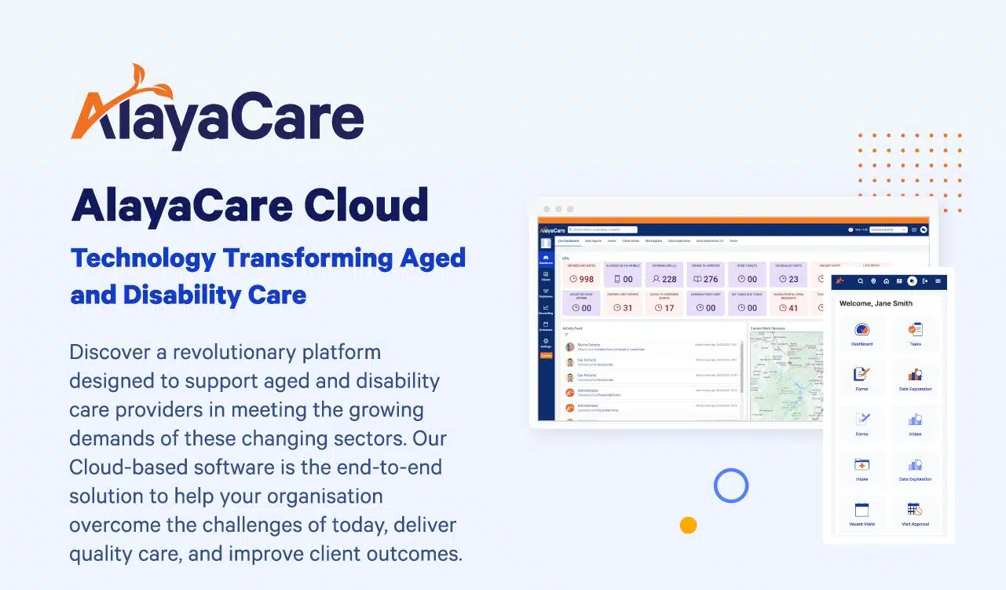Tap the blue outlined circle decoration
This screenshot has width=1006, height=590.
731,485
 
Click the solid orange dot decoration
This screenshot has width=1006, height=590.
689,525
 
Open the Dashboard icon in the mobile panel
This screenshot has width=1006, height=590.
862,332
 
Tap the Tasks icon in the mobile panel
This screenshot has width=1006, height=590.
915,332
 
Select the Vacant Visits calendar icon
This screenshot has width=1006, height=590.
862,511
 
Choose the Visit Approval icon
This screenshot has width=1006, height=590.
915,511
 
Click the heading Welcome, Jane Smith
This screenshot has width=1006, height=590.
876,303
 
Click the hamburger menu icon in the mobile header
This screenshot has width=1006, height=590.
938,280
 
